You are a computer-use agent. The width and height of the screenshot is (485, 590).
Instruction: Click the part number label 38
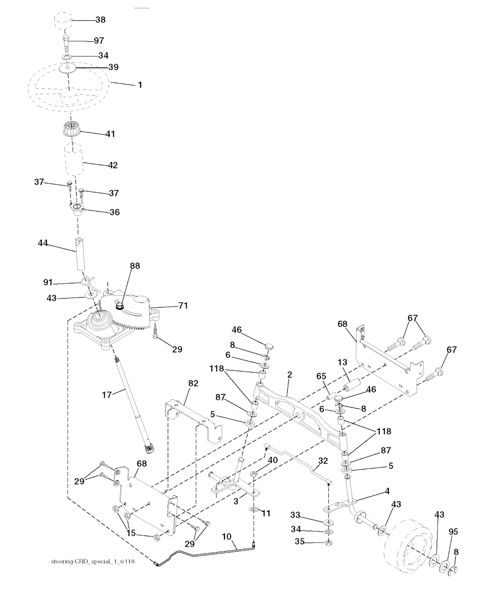[x=100, y=20]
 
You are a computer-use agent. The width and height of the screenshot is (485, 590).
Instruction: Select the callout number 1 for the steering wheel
[x=140, y=85]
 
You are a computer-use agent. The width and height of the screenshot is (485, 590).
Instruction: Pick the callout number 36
[x=114, y=212]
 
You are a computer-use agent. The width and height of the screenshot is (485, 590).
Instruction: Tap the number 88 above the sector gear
[x=135, y=266]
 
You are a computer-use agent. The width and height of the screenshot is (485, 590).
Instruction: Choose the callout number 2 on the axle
[x=289, y=374]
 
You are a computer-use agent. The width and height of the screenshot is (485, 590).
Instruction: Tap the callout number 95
[x=453, y=532]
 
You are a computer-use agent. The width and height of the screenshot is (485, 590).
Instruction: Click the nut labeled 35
[x=328, y=542]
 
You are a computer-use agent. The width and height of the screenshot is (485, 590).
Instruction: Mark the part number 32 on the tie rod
[x=323, y=460]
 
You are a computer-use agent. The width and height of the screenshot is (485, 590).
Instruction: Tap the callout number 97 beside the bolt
[x=99, y=41]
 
